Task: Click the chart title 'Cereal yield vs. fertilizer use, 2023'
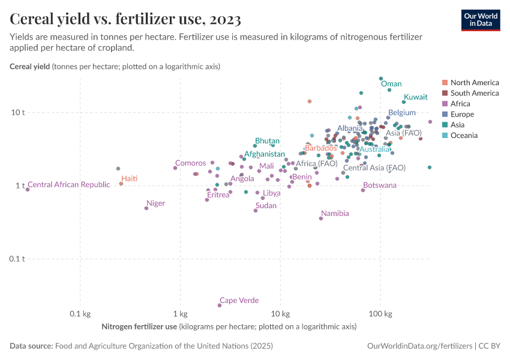(x=125, y=19)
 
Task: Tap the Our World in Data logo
(x=480, y=19)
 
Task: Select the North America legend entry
(x=474, y=82)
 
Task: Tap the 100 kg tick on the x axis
(x=380, y=314)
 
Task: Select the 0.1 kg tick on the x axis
(x=80, y=314)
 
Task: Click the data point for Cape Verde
(x=220, y=305)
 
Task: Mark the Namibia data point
(x=321, y=218)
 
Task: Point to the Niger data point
(x=146, y=208)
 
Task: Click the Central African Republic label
(x=69, y=185)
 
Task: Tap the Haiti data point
(x=121, y=184)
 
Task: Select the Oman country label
(x=391, y=84)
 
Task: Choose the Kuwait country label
(x=415, y=97)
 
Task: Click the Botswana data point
(x=363, y=190)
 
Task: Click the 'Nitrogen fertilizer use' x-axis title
(x=139, y=327)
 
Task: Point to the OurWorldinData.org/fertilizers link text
(x=419, y=346)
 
